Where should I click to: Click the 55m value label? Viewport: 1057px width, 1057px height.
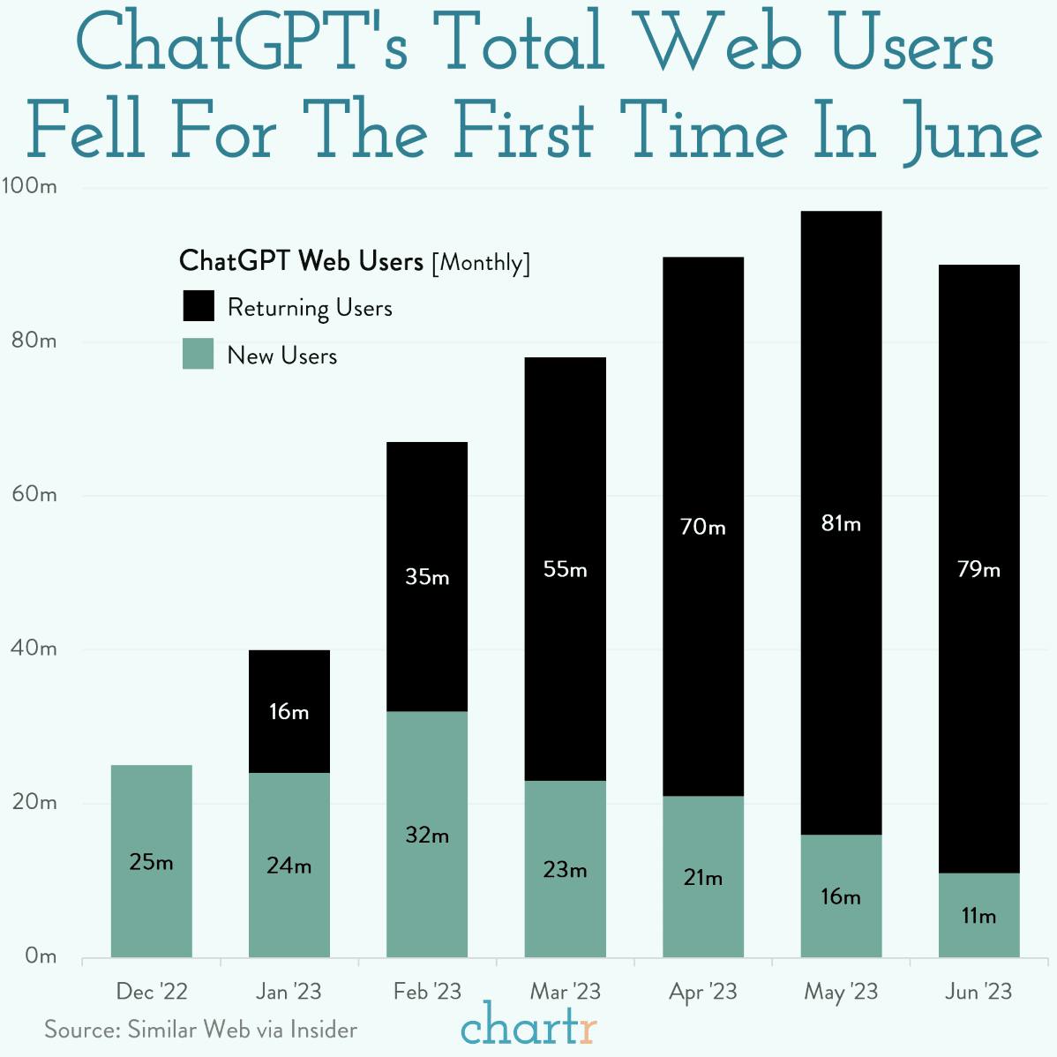(565, 570)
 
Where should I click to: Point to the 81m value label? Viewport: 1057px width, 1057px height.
(841, 524)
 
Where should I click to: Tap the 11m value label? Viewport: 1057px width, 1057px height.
(978, 917)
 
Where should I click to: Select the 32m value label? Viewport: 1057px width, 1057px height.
(427, 835)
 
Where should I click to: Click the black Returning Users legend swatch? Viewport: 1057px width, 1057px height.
(199, 306)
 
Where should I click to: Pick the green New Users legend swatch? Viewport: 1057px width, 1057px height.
(199, 354)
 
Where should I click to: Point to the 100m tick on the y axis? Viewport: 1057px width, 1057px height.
(29, 186)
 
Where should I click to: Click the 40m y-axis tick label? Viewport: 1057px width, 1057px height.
(34, 648)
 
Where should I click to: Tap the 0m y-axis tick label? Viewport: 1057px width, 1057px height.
(41, 956)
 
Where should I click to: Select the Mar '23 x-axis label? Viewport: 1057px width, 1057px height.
(565, 992)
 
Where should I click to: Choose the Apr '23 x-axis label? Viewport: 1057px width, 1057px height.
(702, 992)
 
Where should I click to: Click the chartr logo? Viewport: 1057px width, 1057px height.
(528, 1026)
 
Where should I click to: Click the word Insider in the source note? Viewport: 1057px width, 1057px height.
(324, 1030)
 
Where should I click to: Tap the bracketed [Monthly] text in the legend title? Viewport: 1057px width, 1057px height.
(481, 263)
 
